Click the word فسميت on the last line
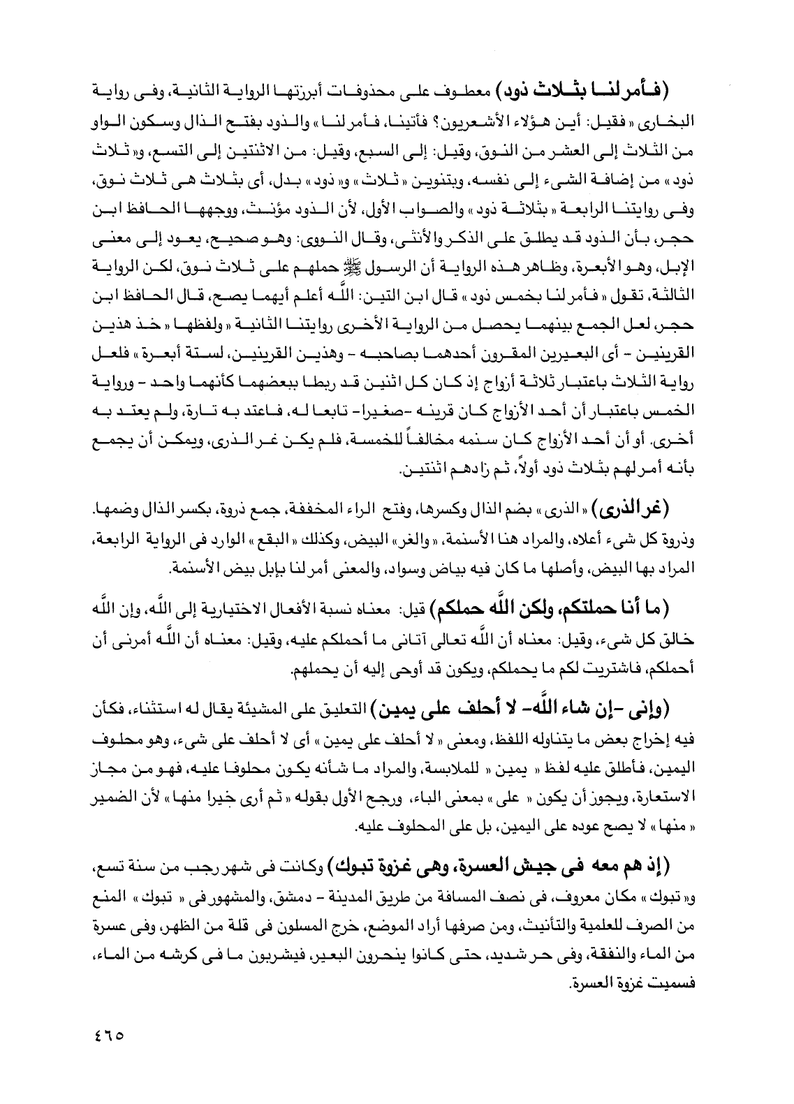[700, 980]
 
